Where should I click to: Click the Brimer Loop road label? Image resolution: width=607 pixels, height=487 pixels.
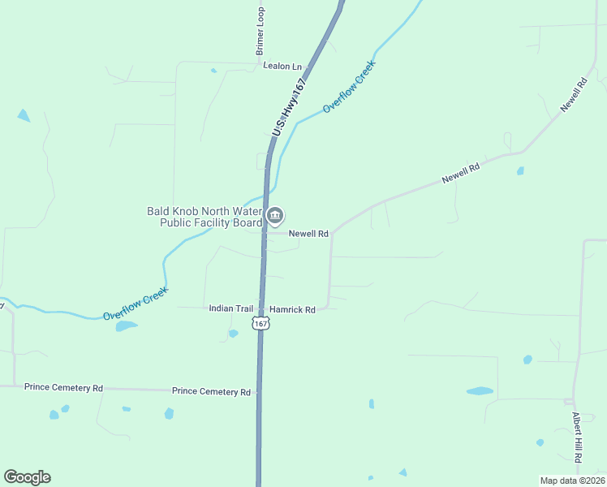[260, 32]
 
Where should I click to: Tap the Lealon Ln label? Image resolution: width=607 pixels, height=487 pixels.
[282, 67]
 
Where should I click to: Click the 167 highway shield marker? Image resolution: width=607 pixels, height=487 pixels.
[260, 324]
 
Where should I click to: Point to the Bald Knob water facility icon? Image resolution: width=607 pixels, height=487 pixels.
[275, 216]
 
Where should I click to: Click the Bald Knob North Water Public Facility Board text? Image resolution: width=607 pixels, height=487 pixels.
[204, 217]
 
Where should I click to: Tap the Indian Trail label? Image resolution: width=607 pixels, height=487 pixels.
[231, 308]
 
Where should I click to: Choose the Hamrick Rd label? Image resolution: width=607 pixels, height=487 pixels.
[292, 309]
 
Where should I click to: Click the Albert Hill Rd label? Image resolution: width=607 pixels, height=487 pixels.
[576, 437]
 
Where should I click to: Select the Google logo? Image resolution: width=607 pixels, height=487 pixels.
[27, 477]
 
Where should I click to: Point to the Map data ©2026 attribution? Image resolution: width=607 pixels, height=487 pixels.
[572, 481]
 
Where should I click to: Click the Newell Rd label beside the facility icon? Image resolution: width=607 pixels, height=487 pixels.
[308, 234]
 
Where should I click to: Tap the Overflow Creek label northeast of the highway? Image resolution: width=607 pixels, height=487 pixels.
[349, 86]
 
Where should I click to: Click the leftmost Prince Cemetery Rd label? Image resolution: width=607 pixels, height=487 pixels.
[63, 388]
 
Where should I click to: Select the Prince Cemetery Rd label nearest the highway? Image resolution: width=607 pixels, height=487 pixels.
[211, 392]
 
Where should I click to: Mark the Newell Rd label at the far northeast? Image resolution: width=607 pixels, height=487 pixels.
[573, 96]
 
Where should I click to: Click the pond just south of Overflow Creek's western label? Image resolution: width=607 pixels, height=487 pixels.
[126, 326]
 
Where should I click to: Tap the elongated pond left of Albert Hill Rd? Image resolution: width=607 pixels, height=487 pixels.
[480, 390]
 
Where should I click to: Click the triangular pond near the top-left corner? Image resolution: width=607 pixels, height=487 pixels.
[23, 115]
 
